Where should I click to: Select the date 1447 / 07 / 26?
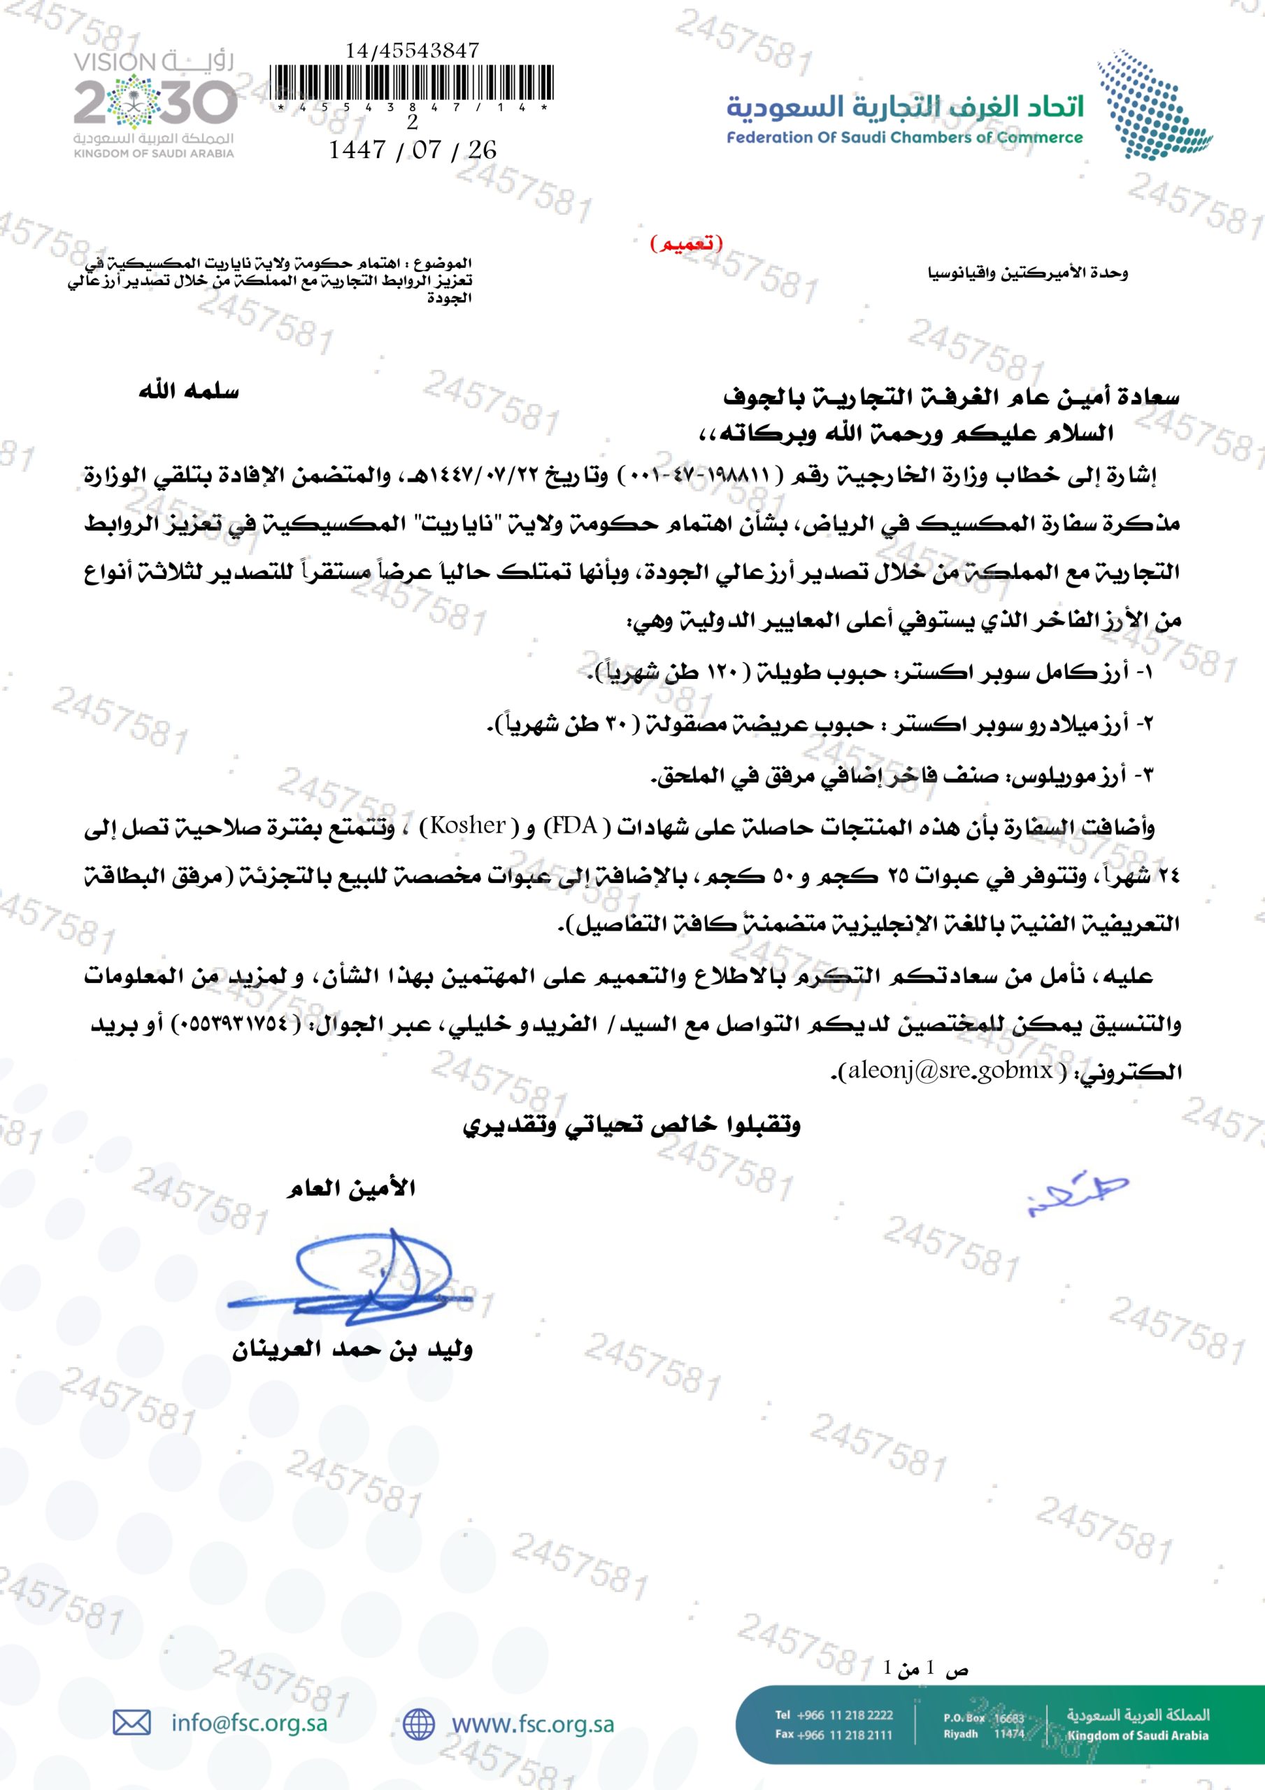[x=413, y=149]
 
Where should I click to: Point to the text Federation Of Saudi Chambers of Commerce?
[x=905, y=138]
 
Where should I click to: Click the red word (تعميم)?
[x=686, y=243]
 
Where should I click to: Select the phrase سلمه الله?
[x=189, y=392]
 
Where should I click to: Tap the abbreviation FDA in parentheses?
[x=575, y=825]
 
